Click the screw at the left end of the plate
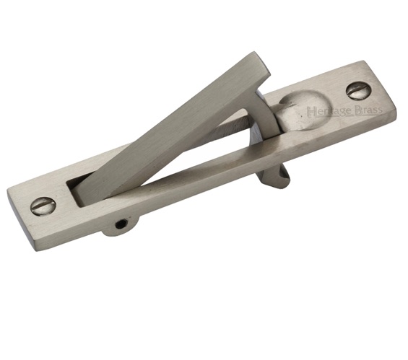click(43, 206)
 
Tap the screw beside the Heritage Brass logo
click(359, 90)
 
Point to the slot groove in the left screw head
click(43, 206)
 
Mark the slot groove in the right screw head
click(359, 90)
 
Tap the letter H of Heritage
click(311, 111)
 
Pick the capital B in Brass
click(357, 110)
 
